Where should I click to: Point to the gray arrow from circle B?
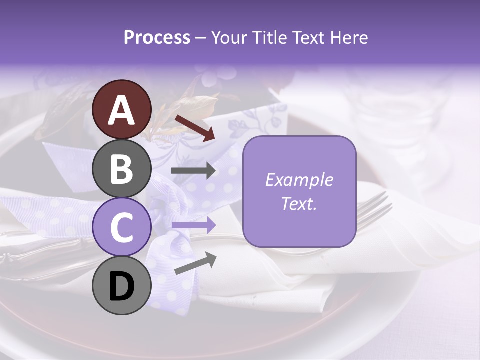pyautogui.click(x=193, y=171)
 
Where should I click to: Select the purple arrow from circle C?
pyautogui.click(x=193, y=225)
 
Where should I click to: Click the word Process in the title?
pyautogui.click(x=157, y=37)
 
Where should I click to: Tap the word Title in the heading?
pyautogui.click(x=269, y=37)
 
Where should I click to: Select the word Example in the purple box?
pyautogui.click(x=299, y=180)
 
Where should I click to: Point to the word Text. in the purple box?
pyautogui.click(x=299, y=203)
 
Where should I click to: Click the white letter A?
pyautogui.click(x=122, y=111)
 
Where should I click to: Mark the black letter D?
pyautogui.click(x=122, y=287)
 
